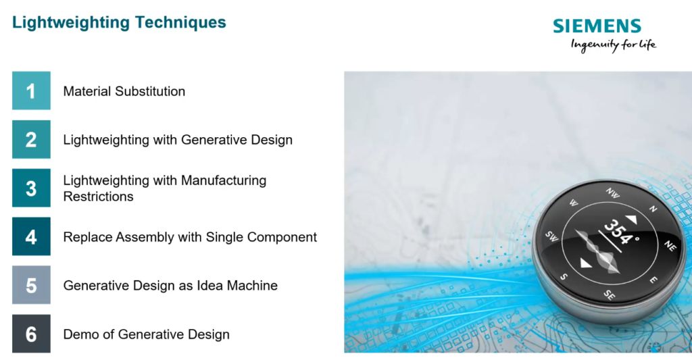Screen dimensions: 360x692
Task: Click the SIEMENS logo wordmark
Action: pos(597,26)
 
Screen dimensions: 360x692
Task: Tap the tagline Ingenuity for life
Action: pos(613,45)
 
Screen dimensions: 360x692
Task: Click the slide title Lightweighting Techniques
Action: pos(119,22)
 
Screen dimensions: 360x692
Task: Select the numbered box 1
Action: pos(31,91)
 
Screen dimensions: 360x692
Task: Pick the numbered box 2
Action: pos(31,139)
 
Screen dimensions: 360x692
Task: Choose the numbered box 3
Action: pos(31,188)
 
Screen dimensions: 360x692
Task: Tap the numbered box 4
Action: pos(31,236)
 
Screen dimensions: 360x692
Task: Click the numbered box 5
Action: pos(31,285)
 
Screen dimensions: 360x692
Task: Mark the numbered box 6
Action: pos(31,334)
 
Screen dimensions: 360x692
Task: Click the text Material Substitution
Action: pos(124,91)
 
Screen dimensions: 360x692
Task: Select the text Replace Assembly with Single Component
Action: pos(190,237)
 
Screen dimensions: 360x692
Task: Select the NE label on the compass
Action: pos(670,244)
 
